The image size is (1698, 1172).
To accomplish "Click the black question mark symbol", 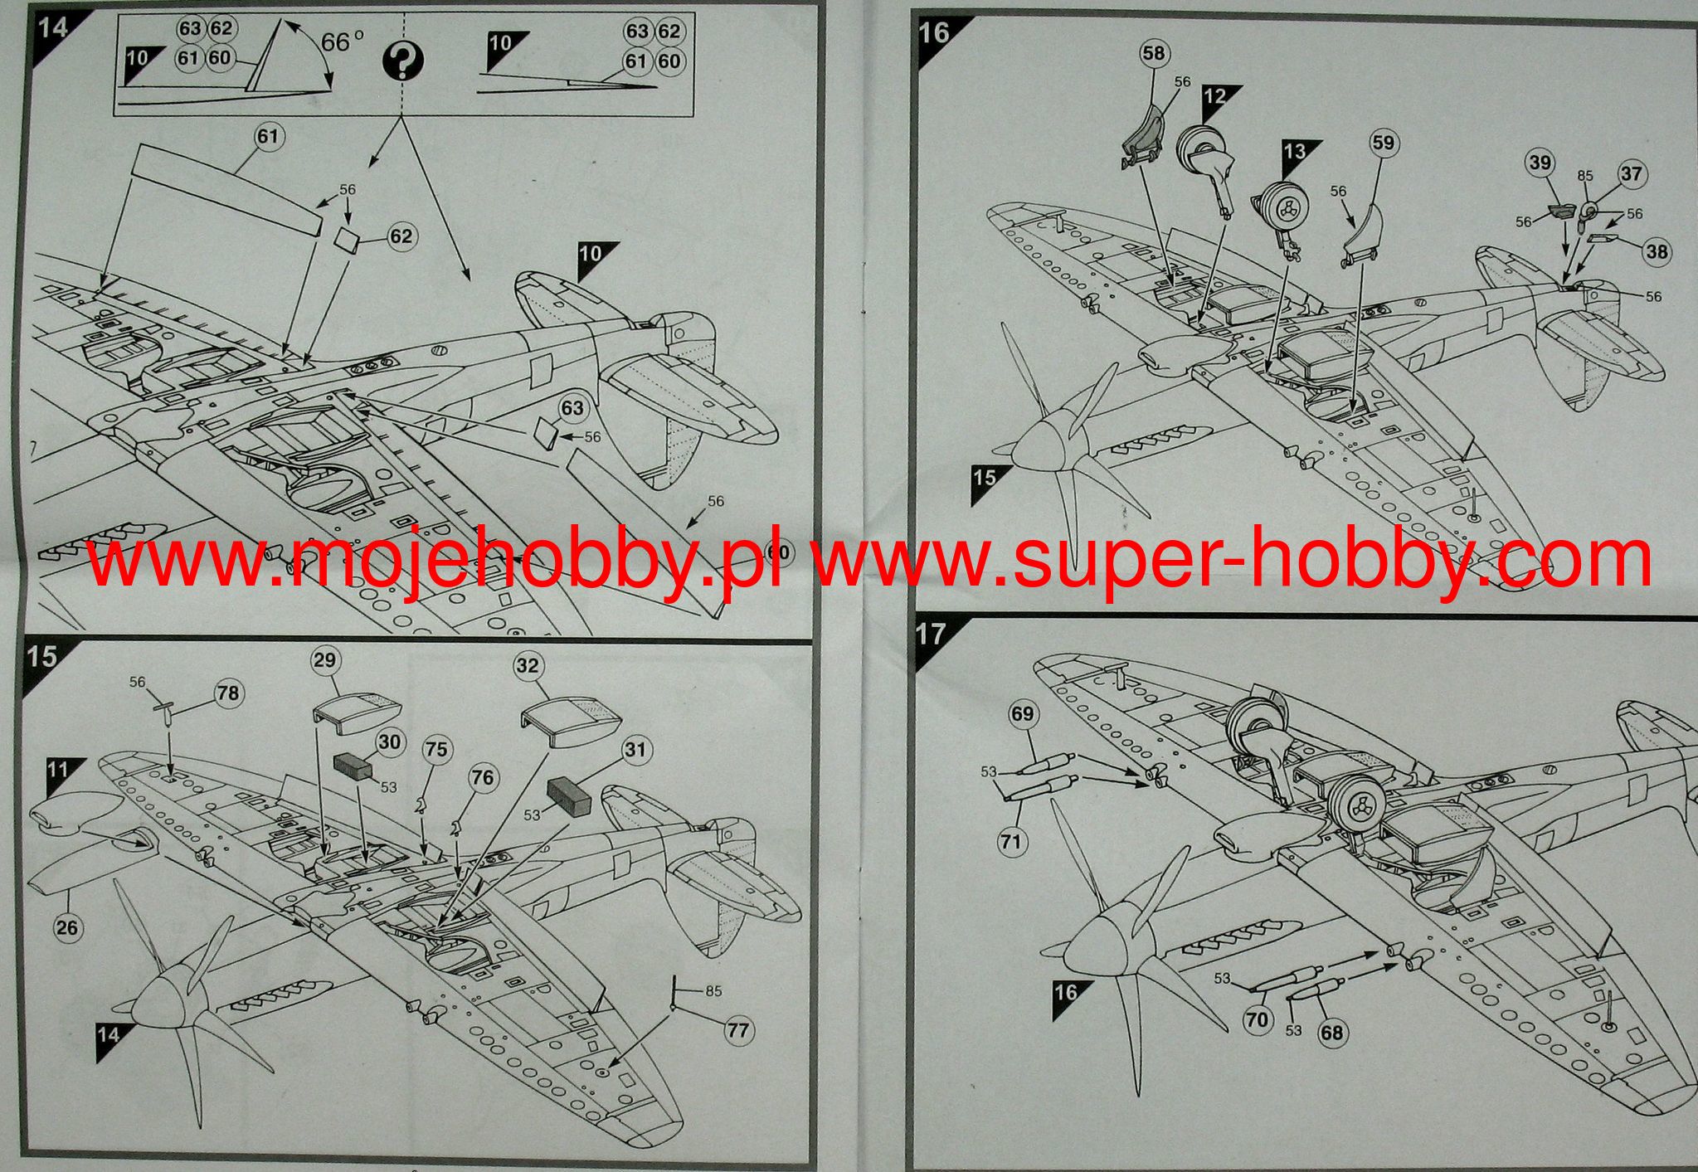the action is (x=404, y=61).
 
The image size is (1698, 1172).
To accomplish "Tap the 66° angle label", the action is (x=342, y=41).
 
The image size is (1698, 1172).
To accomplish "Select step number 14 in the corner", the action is (x=52, y=27).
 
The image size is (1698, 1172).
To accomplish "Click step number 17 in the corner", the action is (x=931, y=635).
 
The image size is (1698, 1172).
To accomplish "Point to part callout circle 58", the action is (x=1153, y=53).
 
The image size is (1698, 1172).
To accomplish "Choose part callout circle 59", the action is (x=1383, y=143).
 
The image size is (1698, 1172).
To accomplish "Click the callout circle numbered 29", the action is (x=324, y=660).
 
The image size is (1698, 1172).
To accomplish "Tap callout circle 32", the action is (x=528, y=665).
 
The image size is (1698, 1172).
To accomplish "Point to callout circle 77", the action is (x=737, y=1031).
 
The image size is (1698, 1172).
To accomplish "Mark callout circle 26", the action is (x=67, y=926).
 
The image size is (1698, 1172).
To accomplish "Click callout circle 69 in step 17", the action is (x=1023, y=714).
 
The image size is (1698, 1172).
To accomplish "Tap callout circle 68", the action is (x=1332, y=1033).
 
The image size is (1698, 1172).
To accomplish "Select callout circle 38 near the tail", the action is (x=1657, y=251).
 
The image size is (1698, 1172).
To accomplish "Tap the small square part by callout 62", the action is (x=346, y=240).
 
